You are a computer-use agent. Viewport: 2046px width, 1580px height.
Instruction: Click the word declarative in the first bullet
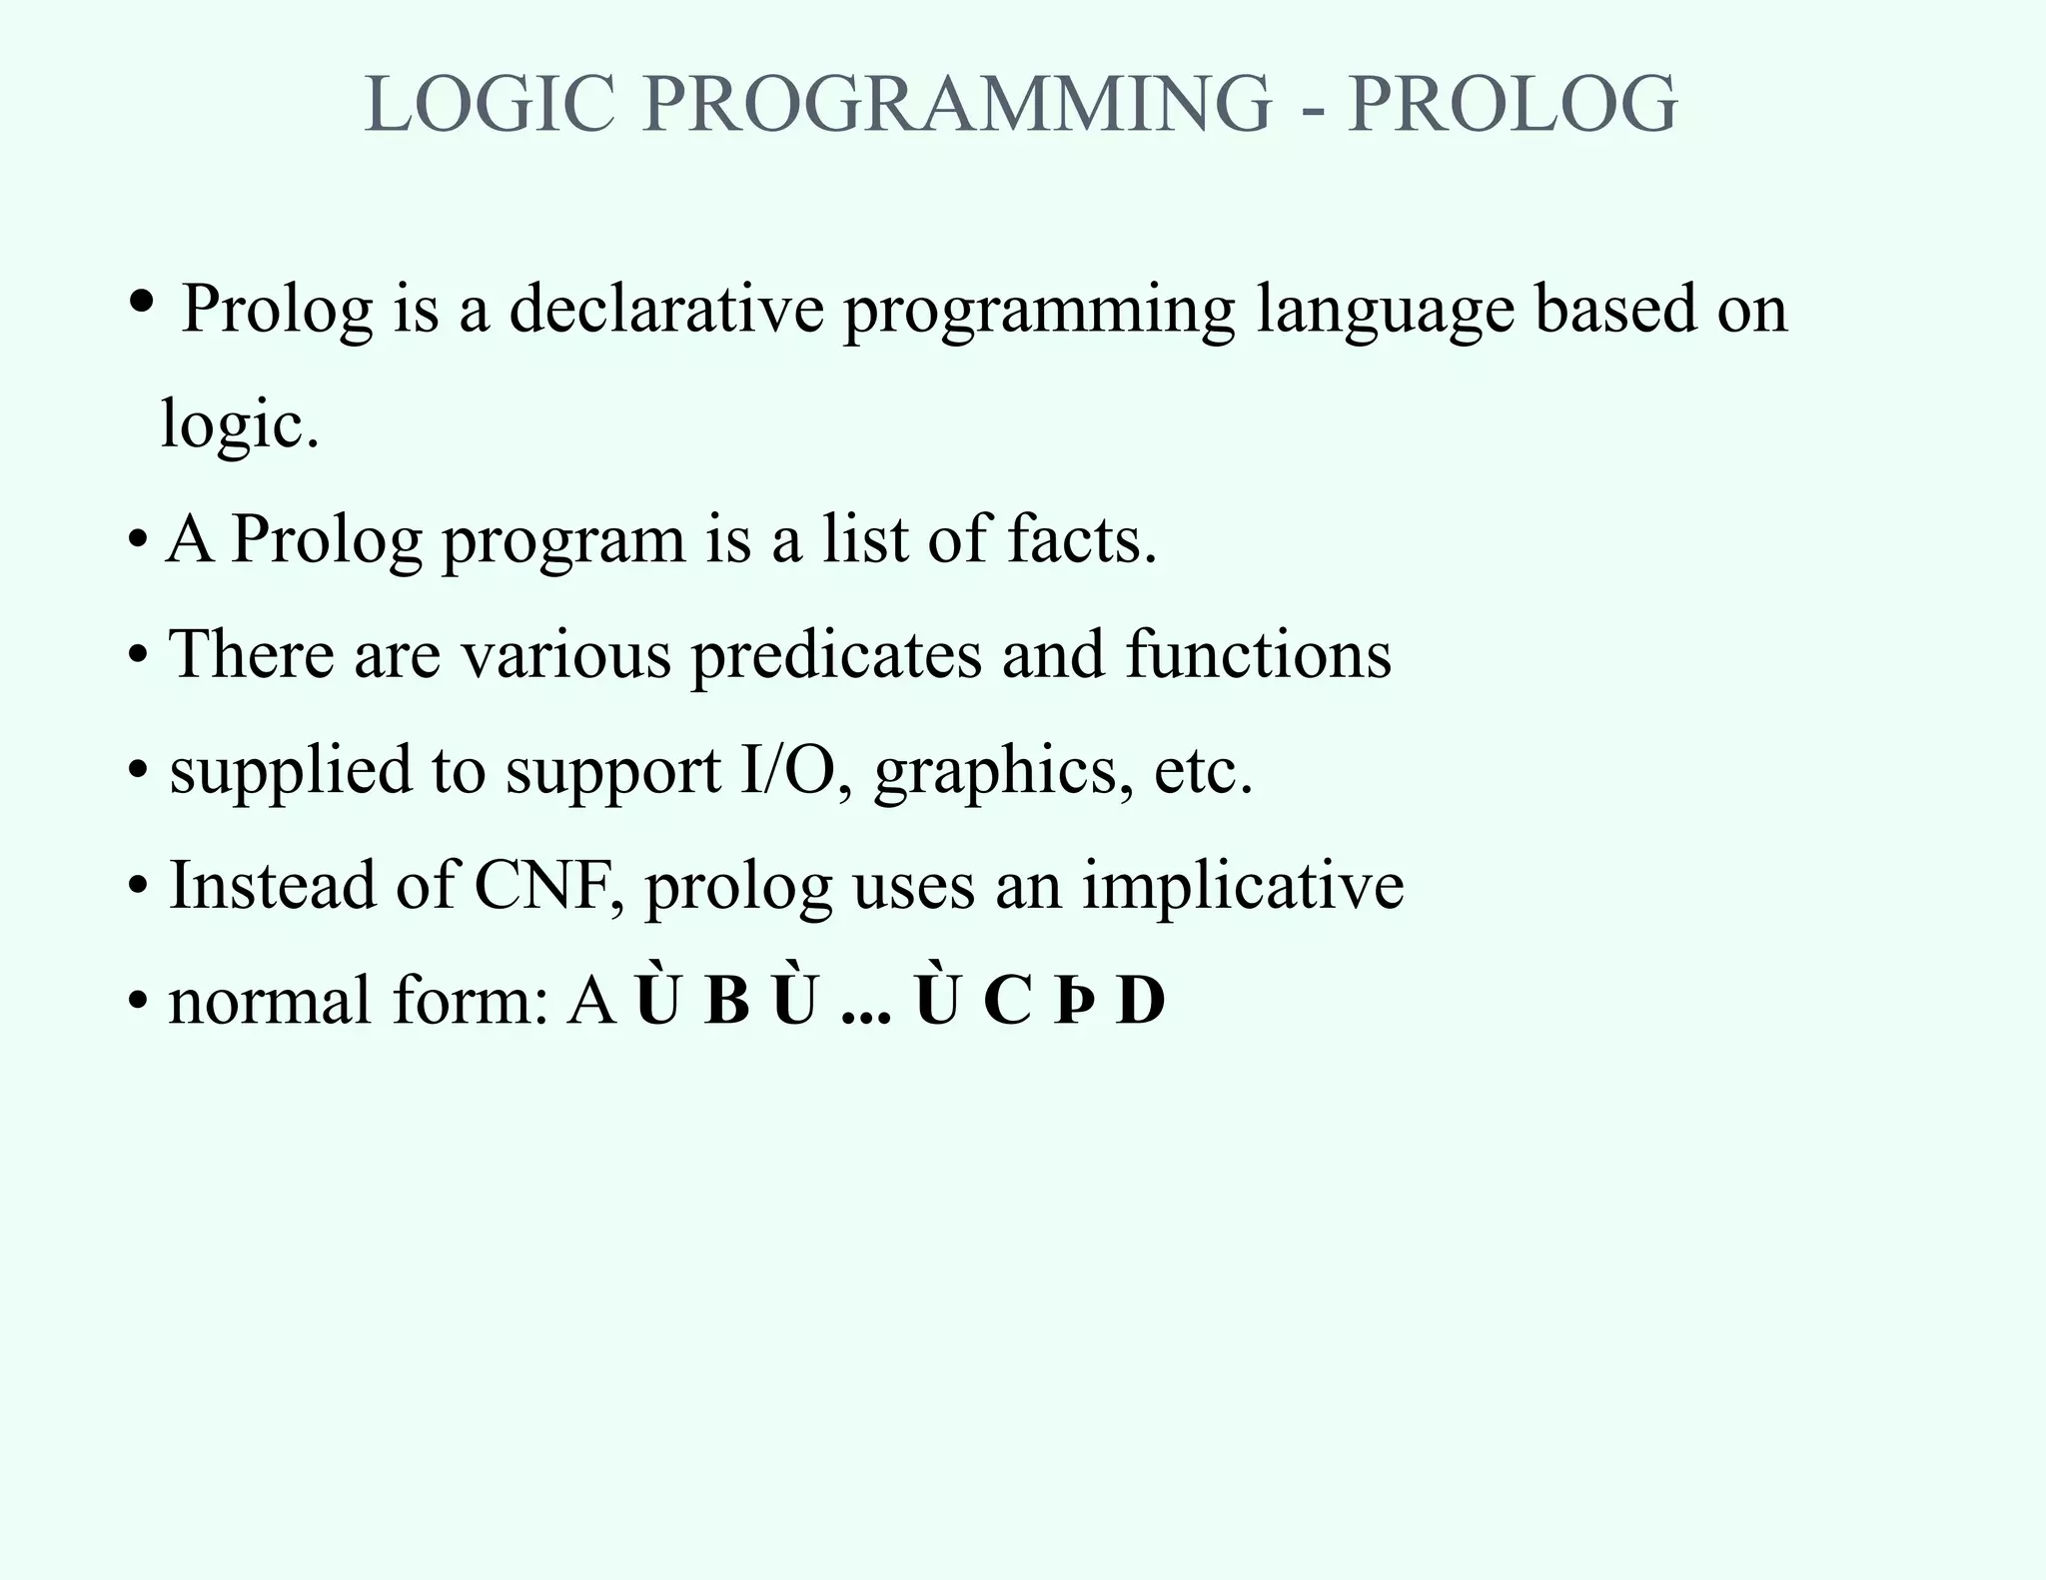click(666, 309)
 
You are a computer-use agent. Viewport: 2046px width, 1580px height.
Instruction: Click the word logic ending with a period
click(240, 425)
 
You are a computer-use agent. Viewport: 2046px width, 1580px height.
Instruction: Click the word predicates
click(836, 656)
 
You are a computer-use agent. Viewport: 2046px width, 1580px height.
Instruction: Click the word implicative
click(1243, 888)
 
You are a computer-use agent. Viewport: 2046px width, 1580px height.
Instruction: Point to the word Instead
click(272, 886)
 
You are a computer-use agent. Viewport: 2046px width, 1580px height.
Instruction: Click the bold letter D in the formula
click(1141, 1002)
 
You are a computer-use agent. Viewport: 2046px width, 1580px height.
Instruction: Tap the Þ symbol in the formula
click(1071, 1003)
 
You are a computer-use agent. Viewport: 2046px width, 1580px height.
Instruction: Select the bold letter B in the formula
click(726, 1002)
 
